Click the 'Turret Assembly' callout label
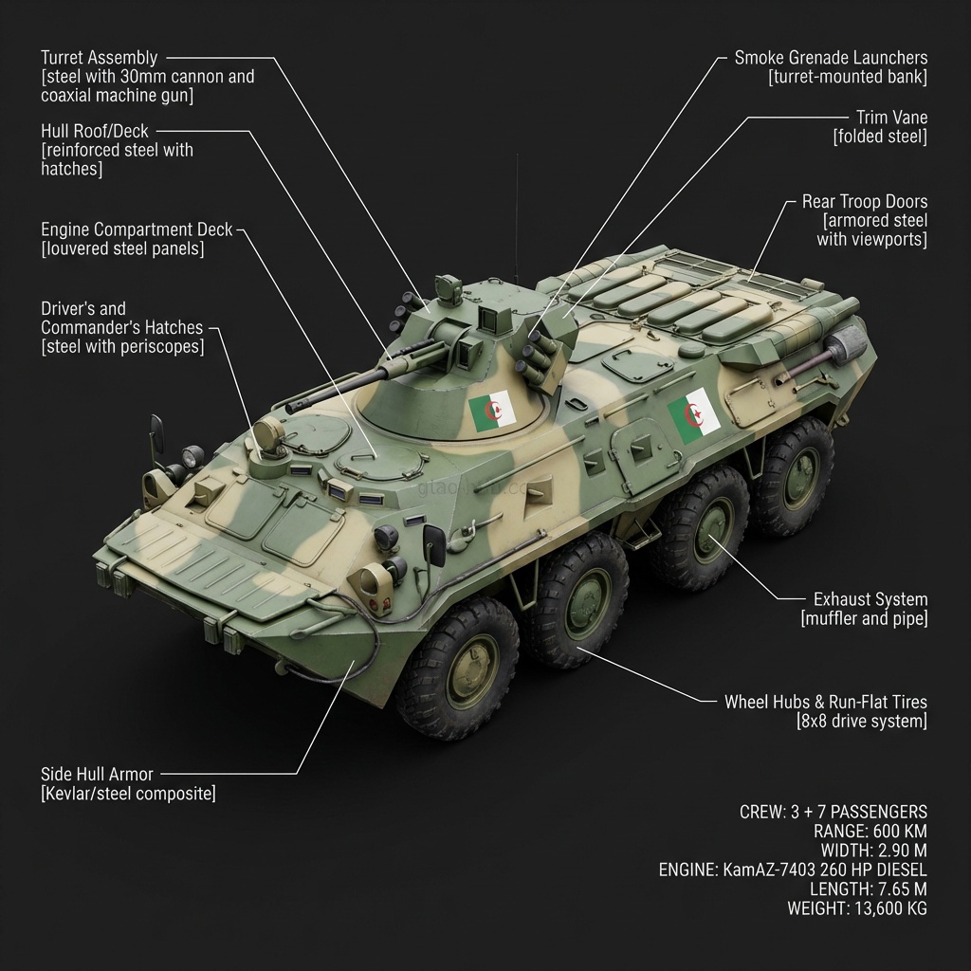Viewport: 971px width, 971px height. (x=100, y=58)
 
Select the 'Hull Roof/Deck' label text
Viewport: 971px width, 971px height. (x=95, y=131)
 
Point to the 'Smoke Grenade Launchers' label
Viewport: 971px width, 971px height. (x=831, y=58)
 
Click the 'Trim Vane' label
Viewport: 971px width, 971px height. (x=891, y=118)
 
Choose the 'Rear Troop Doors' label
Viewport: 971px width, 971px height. (x=864, y=202)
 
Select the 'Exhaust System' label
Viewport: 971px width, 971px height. (x=870, y=599)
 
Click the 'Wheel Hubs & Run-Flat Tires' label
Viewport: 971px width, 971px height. (x=825, y=703)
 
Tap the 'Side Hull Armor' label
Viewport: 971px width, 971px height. (x=97, y=774)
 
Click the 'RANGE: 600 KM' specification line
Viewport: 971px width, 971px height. (x=870, y=831)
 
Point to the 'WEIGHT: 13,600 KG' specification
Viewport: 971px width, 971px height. (x=856, y=907)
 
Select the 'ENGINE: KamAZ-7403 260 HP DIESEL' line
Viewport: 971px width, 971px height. (x=793, y=870)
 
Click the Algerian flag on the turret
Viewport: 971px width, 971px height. (x=492, y=412)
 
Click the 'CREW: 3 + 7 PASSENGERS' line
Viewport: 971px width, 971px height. (x=833, y=812)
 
